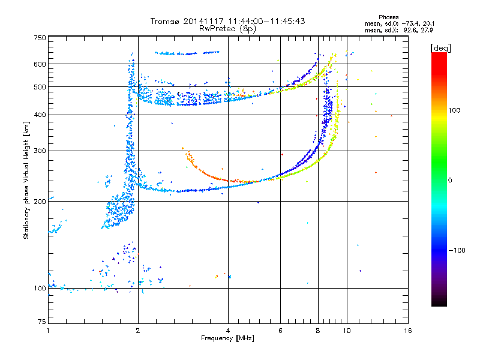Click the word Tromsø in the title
[166, 21]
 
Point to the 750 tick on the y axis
[40, 38]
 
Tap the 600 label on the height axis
[40, 64]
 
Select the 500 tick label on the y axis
[40, 87]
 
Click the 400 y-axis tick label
[40, 115]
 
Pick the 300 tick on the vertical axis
[40, 151]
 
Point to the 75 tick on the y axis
[41, 322]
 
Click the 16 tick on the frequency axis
[407, 331]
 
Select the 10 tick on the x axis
[346, 331]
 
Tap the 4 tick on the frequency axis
[228, 331]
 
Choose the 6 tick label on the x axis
[281, 331]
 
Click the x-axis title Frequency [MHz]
[228, 339]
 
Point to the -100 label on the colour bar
[457, 250]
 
